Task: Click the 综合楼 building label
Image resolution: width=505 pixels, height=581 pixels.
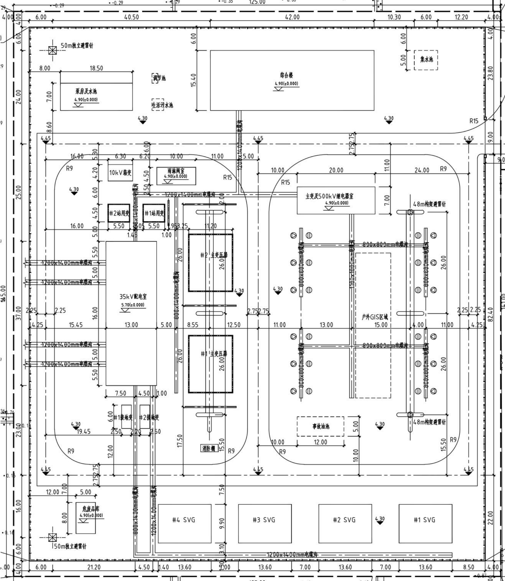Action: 286,75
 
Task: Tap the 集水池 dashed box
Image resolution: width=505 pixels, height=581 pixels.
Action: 426,60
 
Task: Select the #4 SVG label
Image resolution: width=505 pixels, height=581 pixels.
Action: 183,520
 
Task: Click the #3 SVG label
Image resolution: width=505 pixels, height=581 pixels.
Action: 264,520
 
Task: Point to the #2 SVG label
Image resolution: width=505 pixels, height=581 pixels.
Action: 344,520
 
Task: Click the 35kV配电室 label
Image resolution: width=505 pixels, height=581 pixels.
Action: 133,297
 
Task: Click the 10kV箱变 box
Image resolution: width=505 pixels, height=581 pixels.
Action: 120,173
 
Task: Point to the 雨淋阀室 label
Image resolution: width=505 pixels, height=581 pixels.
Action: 176,171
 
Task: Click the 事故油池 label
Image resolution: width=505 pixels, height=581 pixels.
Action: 320,426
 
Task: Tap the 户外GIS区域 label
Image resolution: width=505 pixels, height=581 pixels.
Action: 375,317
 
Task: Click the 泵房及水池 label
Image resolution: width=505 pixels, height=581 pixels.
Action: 86,91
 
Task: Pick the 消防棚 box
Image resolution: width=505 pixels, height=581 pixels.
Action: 209,449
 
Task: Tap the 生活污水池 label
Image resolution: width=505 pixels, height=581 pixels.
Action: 162,105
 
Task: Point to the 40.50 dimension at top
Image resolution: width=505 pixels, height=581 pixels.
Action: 132,17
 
